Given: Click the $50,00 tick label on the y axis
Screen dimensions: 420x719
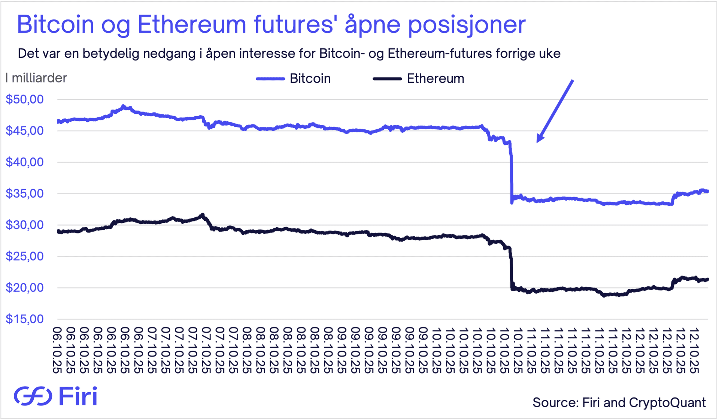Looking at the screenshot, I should coord(25,99).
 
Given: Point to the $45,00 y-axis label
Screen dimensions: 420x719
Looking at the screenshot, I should coord(25,131).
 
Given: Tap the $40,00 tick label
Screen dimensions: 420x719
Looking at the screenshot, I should coord(25,162).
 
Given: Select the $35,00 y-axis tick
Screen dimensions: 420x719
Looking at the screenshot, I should coord(25,193).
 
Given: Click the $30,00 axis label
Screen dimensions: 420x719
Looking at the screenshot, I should coord(25,225).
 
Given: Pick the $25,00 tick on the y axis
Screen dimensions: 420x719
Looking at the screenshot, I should coord(25,256).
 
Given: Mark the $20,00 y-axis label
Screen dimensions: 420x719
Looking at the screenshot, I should coord(25,288).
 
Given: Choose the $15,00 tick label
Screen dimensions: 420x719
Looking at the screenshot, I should coord(25,319).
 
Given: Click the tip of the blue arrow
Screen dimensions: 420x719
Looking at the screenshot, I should coord(538,142).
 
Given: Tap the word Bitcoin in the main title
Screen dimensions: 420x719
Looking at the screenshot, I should coord(55,25).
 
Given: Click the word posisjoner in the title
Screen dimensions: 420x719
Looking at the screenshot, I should coord(467,25).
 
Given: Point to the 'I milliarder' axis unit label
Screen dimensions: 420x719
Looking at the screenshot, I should coord(36,78).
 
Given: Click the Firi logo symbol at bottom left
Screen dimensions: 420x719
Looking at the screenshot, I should coord(33,396).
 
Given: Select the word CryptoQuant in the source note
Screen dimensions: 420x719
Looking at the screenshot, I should coord(667,402).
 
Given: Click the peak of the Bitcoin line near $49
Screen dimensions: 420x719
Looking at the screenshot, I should coord(124,106).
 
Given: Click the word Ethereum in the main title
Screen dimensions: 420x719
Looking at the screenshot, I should coord(192,25).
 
